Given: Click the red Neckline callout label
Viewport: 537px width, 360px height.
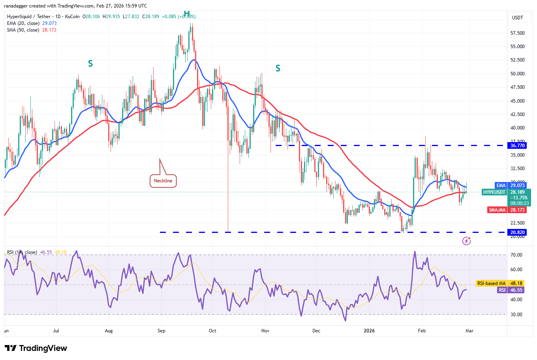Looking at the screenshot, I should pyautogui.click(x=163, y=181).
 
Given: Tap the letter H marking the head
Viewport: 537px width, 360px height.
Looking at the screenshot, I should pyautogui.click(x=187, y=14).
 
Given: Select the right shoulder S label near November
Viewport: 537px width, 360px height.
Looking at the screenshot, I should pyautogui.click(x=278, y=69).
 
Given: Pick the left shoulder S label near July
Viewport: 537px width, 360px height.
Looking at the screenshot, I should pyautogui.click(x=90, y=64).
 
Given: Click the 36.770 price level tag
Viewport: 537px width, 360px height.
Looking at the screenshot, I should pyautogui.click(x=517, y=146).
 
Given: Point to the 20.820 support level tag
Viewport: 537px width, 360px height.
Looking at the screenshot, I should pyautogui.click(x=517, y=232).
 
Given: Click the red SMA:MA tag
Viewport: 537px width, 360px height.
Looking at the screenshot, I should pyautogui.click(x=497, y=210).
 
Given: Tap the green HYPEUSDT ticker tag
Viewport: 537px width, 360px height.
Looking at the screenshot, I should pyautogui.click(x=494, y=192).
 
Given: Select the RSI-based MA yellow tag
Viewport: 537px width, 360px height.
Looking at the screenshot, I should pyautogui.click(x=491, y=283).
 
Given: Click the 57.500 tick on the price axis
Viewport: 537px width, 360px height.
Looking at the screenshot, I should pyautogui.click(x=517, y=33).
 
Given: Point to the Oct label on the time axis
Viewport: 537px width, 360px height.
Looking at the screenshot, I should pyautogui.click(x=212, y=331).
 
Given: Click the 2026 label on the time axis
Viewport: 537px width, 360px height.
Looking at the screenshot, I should pyautogui.click(x=369, y=331).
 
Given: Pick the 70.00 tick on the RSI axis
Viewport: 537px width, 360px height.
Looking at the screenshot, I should pyautogui.click(x=516, y=255).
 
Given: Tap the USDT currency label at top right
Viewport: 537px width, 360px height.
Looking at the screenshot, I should pyautogui.click(x=517, y=18).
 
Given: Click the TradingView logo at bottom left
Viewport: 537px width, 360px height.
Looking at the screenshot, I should pyautogui.click(x=36, y=348).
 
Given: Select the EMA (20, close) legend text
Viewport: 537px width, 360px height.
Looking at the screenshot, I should pyautogui.click(x=23, y=23).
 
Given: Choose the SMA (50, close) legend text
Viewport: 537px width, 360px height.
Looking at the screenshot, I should pyautogui.click(x=23, y=30).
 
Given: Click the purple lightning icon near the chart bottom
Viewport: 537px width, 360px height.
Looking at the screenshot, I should pyautogui.click(x=467, y=241).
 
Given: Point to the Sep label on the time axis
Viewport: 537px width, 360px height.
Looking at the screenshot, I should pyautogui.click(x=161, y=331).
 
